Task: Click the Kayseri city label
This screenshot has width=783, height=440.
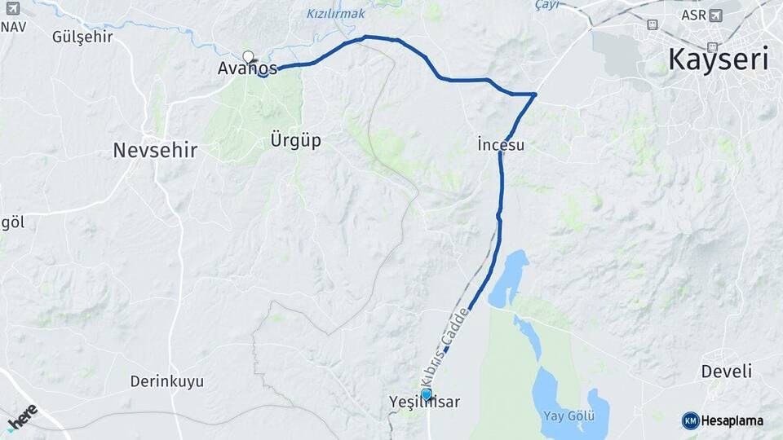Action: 719,60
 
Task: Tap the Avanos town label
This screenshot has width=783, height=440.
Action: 247,68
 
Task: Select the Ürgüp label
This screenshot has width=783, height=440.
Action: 295,140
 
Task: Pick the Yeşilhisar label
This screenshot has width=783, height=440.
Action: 425,403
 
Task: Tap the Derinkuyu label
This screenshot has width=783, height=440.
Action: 167,381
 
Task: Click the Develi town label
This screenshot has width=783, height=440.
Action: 726,372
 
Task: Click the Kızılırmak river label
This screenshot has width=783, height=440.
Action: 336,14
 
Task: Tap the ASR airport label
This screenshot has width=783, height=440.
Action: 693,15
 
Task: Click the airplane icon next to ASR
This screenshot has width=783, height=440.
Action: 716,15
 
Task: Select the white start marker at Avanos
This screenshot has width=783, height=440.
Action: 249,57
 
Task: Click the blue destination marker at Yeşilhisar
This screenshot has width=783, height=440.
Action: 426,394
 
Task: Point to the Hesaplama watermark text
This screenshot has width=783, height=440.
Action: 732,420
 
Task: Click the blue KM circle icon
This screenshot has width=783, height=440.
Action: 690,420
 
